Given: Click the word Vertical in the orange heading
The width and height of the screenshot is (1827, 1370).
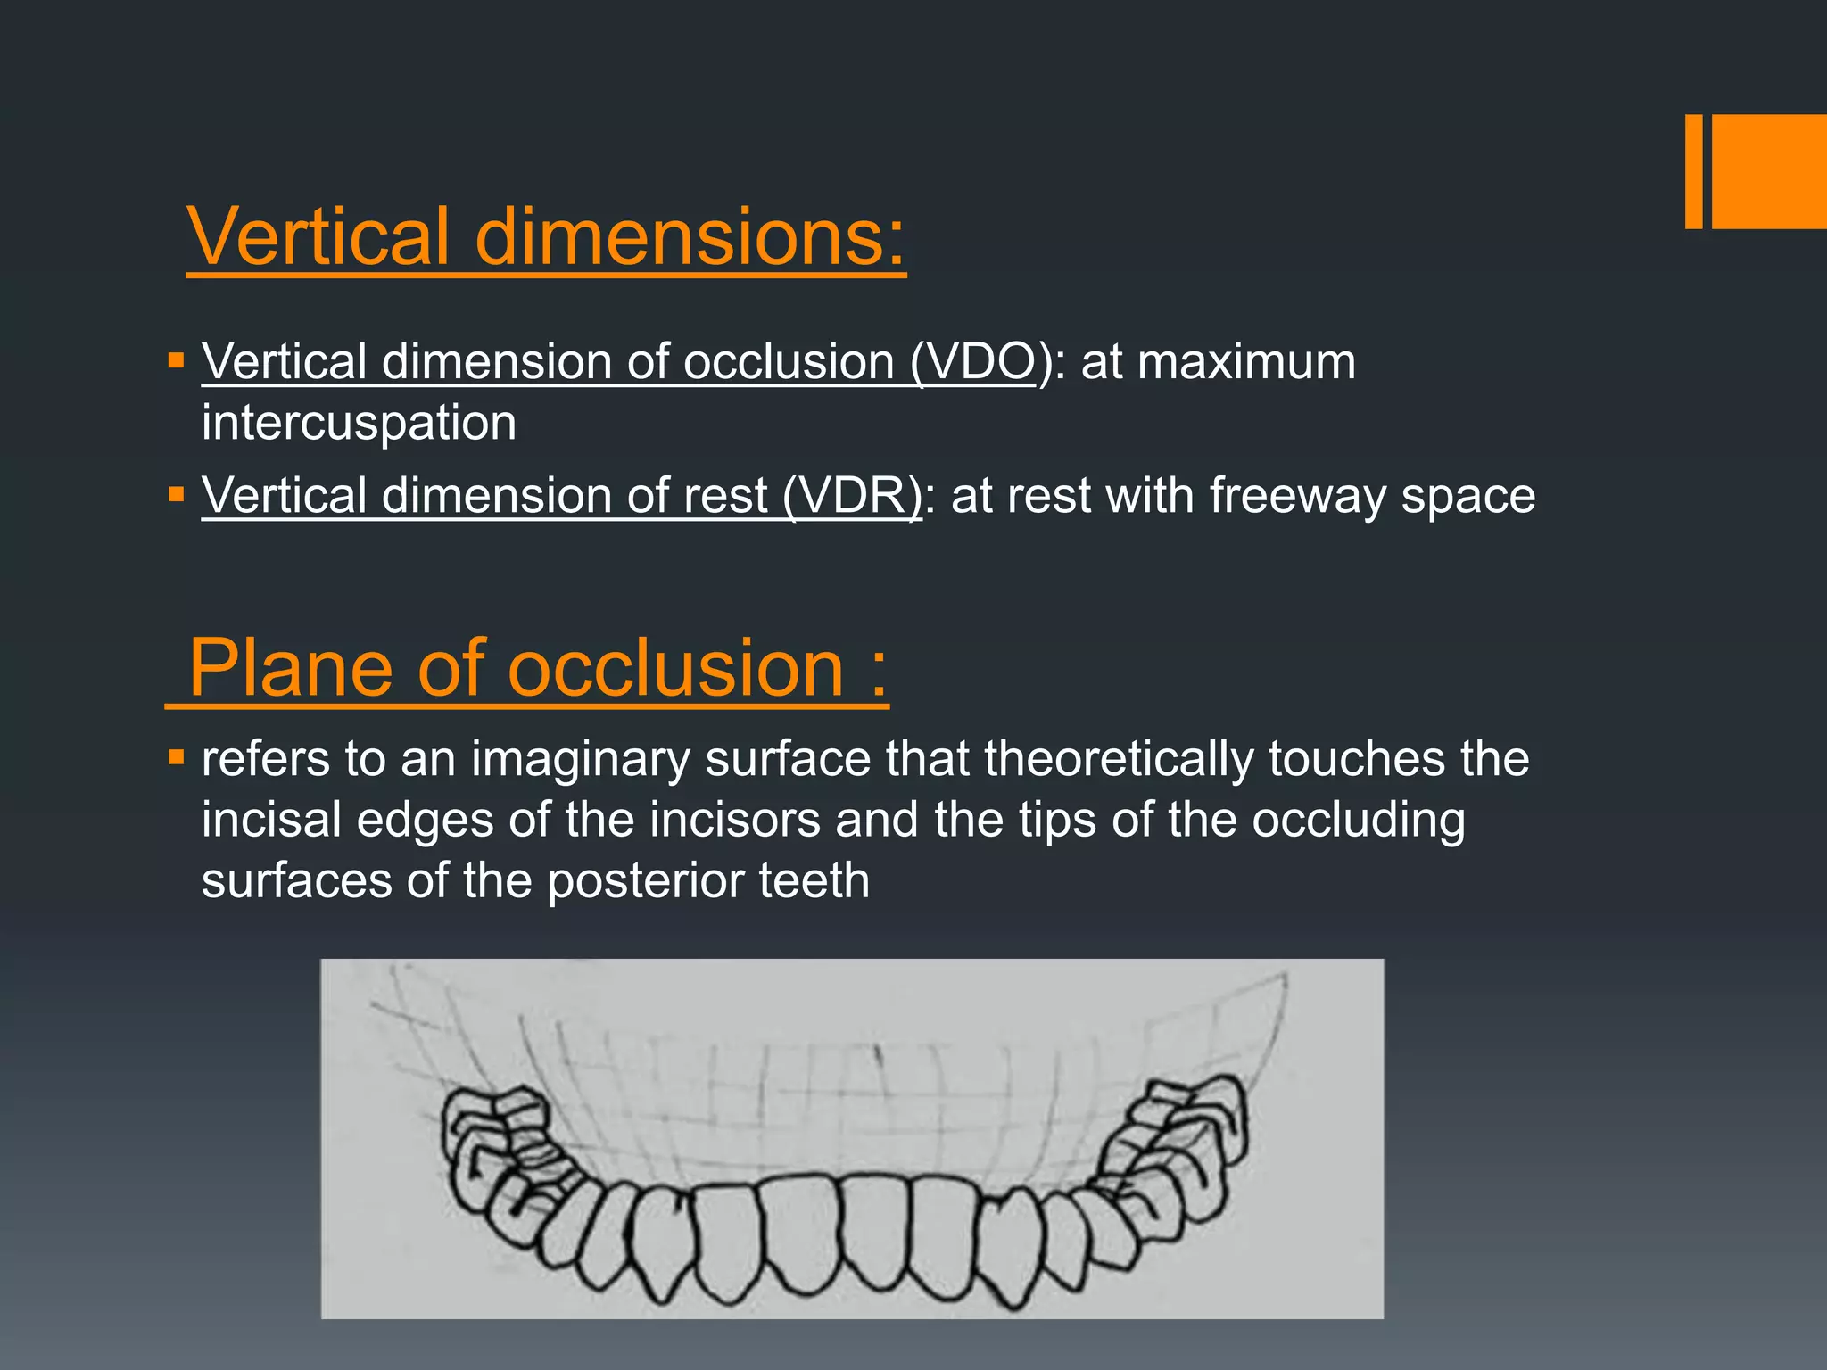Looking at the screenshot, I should [318, 236].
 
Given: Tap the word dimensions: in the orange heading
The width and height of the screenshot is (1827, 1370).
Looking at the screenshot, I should [690, 236].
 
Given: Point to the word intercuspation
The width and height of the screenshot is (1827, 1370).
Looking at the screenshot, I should [359, 423].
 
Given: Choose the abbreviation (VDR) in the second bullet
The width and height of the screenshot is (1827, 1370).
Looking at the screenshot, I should [852, 495].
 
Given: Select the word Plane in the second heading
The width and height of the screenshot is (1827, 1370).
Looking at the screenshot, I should [291, 668].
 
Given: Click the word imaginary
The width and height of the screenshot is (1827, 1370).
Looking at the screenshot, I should [580, 760].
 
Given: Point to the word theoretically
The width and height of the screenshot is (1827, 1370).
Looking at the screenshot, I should [1119, 760].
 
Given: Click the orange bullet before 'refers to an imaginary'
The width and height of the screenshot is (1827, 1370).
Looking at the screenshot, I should [176, 758].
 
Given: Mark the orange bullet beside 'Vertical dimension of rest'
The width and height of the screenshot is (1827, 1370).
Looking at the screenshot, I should [176, 494].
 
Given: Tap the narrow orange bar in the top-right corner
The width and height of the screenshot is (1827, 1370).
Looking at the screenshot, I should [1693, 171].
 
